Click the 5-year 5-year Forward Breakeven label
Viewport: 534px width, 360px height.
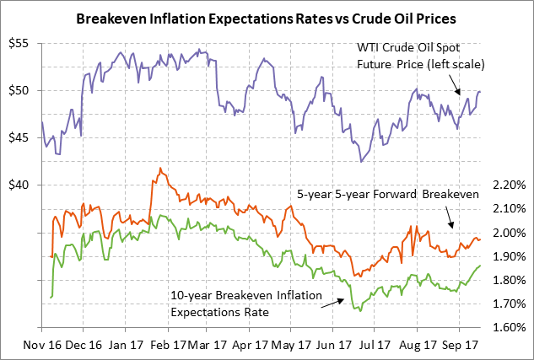[388, 194]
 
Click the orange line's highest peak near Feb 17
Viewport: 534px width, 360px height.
[160, 169]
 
